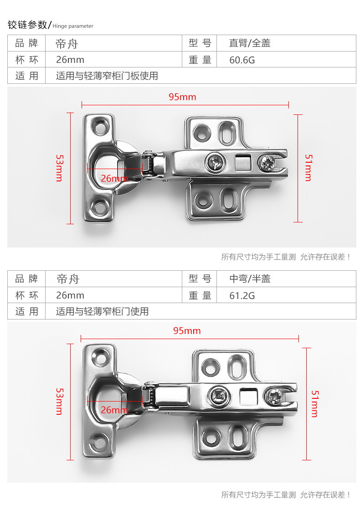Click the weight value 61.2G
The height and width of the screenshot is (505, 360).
click(242, 295)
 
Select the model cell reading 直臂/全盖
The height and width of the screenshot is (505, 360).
click(250, 43)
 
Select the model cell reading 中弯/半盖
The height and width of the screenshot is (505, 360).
click(250, 278)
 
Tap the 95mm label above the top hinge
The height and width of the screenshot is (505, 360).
click(182, 97)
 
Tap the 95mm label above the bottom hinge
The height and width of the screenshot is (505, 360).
click(187, 330)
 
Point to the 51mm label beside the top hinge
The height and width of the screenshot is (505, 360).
click(308, 168)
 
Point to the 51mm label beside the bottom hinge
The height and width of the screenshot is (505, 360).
click(314, 403)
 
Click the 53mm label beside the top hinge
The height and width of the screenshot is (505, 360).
click(59, 168)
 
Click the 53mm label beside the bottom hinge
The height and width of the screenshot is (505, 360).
click(59, 401)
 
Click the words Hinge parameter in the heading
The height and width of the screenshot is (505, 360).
click(73, 26)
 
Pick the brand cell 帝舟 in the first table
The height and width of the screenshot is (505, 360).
click(67, 43)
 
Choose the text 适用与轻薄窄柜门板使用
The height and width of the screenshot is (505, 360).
click(107, 76)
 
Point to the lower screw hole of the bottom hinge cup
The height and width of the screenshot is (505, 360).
click(98, 442)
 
